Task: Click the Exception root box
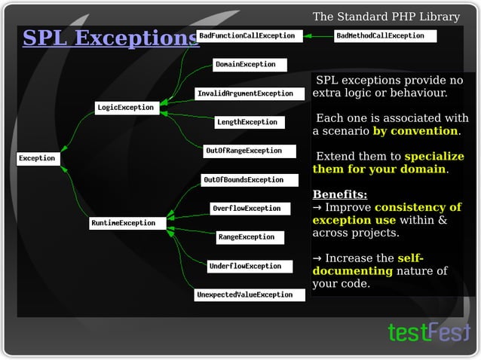coord(37,158)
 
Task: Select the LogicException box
coord(125,108)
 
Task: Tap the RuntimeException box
coord(123,223)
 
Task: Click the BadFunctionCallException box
coord(249,35)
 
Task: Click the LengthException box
coord(248,122)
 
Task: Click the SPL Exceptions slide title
coord(110,38)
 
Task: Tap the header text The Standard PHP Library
coord(386,17)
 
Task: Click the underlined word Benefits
coord(340,194)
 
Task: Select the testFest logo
coord(428,332)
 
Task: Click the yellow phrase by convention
coord(415,131)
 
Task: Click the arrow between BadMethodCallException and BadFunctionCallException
coord(319,35)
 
